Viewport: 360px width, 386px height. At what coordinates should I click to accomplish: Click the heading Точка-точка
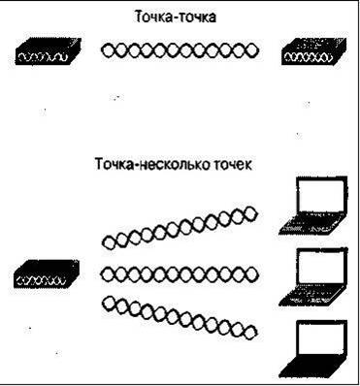175,16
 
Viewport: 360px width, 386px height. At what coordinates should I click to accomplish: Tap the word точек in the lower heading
233,164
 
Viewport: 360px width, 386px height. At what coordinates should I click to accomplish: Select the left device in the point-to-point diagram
48,51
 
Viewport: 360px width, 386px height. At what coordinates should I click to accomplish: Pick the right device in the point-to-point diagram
313,51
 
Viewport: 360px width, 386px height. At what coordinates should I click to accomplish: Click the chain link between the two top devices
180,50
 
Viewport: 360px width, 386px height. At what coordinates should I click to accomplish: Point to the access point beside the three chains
47,273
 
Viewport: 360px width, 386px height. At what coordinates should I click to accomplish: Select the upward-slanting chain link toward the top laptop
180,228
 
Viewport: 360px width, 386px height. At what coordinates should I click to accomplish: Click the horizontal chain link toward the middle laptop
180,274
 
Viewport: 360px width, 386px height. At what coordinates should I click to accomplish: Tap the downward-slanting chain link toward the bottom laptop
180,318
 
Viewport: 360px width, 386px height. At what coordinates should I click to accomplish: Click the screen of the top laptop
321,195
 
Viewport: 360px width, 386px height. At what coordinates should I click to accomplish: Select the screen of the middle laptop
321,267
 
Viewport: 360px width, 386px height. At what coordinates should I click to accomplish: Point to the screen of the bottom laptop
321,338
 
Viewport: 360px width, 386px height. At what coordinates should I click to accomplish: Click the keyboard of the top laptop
310,224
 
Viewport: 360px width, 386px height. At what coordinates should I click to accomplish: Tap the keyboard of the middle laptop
310,296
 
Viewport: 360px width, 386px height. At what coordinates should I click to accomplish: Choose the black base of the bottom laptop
310,368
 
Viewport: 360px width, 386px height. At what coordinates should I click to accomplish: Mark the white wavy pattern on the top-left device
43,57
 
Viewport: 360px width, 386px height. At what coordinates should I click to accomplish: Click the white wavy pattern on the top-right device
308,57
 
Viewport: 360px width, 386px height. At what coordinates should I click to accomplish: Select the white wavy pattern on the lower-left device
42,280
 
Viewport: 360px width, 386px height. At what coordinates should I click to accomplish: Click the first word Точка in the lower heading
113,164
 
